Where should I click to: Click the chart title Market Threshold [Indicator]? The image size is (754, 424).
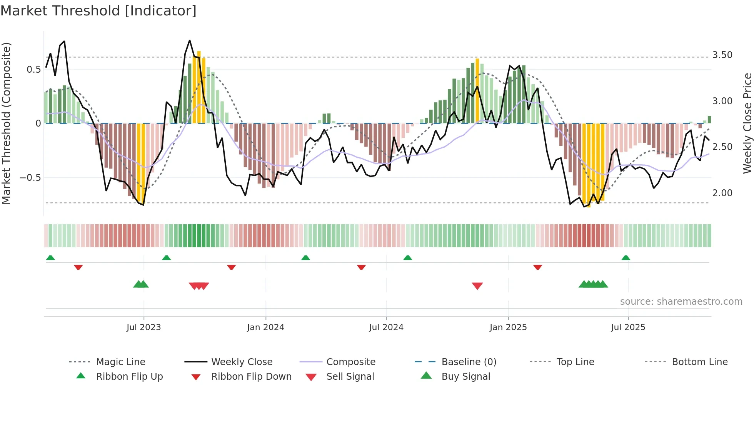pyautogui.click(x=98, y=11)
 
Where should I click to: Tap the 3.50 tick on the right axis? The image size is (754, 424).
pyautogui.click(x=722, y=55)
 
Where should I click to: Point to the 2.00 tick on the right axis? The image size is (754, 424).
pyautogui.click(x=722, y=193)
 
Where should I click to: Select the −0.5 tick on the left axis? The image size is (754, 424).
pyautogui.click(x=30, y=178)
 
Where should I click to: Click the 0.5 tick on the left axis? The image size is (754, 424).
pyautogui.click(x=33, y=70)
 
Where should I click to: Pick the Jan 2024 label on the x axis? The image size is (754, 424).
pyautogui.click(x=265, y=327)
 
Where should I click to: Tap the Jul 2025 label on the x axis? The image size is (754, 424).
pyautogui.click(x=628, y=327)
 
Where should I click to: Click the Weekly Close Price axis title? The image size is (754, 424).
pyautogui.click(x=747, y=123)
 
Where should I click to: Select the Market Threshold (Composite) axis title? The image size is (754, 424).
pyautogui.click(x=6, y=123)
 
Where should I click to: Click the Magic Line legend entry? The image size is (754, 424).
pyautogui.click(x=120, y=362)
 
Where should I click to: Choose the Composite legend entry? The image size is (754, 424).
pyautogui.click(x=350, y=362)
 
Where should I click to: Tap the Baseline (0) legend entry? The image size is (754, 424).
pyautogui.click(x=469, y=362)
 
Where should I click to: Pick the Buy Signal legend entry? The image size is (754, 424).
pyautogui.click(x=465, y=377)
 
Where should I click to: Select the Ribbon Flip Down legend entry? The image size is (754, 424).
pyautogui.click(x=251, y=377)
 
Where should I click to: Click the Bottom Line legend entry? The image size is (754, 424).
pyautogui.click(x=699, y=362)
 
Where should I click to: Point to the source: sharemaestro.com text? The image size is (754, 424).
pyautogui.click(x=681, y=302)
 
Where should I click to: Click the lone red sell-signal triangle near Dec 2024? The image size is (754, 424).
pyautogui.click(x=477, y=285)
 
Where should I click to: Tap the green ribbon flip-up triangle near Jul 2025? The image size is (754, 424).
pyautogui.click(x=626, y=258)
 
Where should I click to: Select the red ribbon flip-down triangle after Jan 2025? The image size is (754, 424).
pyautogui.click(x=537, y=267)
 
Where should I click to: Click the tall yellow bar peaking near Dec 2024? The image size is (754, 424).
pyautogui.click(x=477, y=91)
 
